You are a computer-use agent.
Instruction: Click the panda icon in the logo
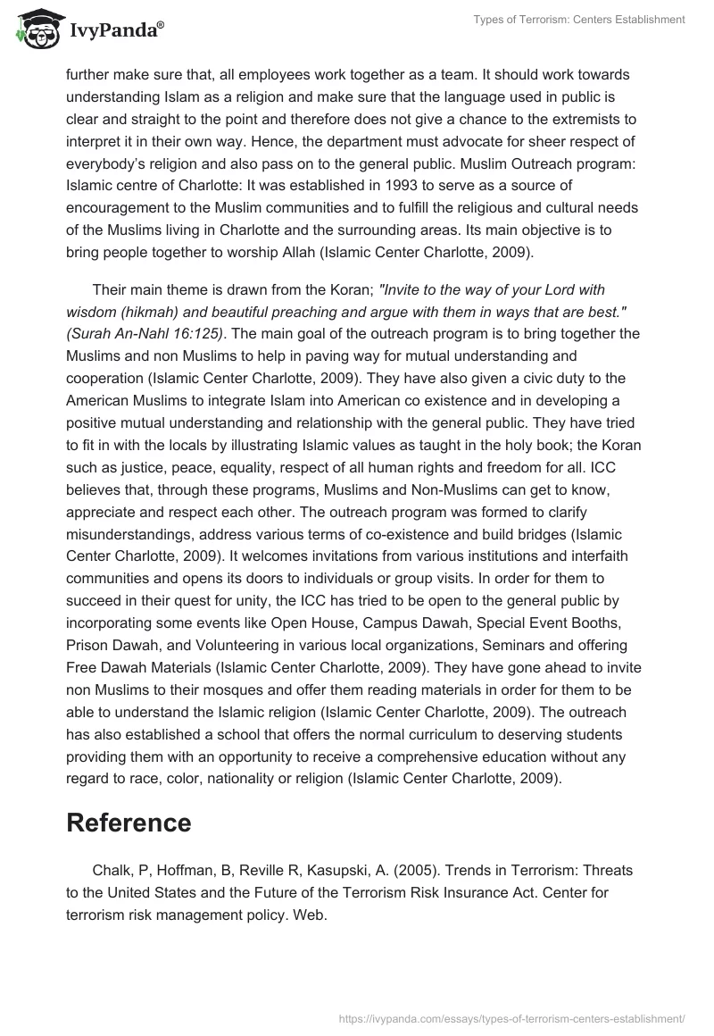click(x=33, y=29)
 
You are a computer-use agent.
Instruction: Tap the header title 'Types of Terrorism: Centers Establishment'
click(x=576, y=20)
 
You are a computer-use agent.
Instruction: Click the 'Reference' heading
click(x=129, y=822)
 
